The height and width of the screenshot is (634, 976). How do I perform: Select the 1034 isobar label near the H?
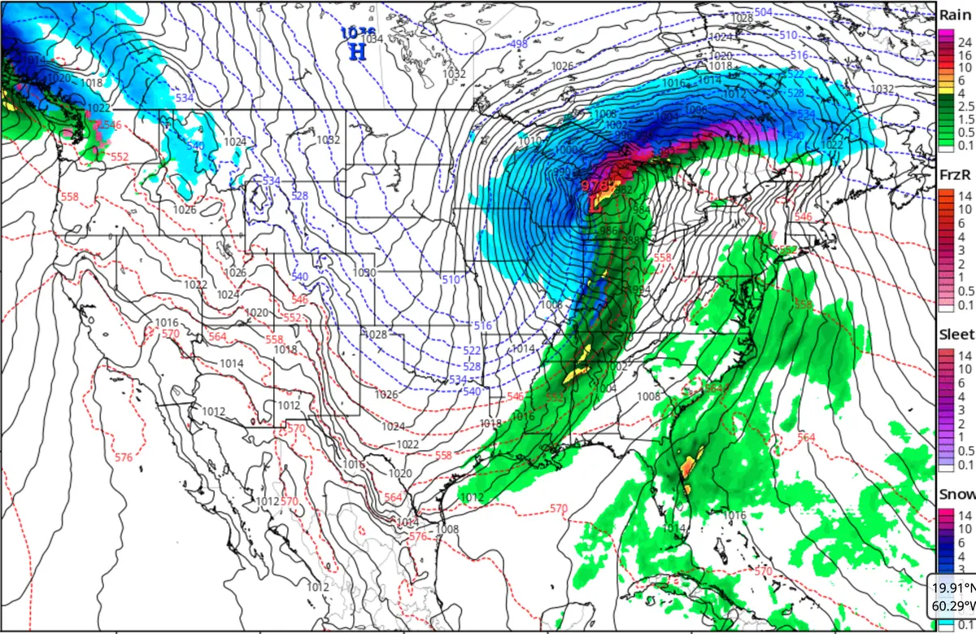(x=373, y=38)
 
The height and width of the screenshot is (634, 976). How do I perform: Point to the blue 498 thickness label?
(x=519, y=43)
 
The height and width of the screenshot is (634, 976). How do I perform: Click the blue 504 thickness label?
(x=763, y=12)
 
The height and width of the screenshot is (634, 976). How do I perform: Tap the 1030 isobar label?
(x=365, y=273)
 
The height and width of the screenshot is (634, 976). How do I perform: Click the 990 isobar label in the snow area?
(x=561, y=172)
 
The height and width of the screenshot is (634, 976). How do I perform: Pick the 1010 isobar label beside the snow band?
(x=529, y=141)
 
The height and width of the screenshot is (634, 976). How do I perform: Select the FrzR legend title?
(x=954, y=174)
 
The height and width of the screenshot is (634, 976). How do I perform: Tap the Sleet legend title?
(x=956, y=334)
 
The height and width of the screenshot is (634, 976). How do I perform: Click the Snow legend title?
(x=956, y=494)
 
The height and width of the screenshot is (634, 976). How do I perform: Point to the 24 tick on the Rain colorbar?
(x=964, y=41)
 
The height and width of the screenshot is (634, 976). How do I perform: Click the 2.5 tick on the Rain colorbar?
(x=965, y=106)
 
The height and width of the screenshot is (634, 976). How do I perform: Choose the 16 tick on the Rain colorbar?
(x=964, y=54)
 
